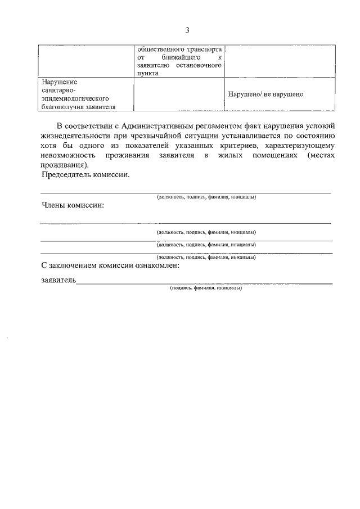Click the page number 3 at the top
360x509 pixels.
tap(188, 30)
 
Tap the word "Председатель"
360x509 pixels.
tap(66, 175)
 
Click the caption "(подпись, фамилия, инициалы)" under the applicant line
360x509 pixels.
tap(206, 288)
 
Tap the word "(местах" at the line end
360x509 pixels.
tap(321, 155)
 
